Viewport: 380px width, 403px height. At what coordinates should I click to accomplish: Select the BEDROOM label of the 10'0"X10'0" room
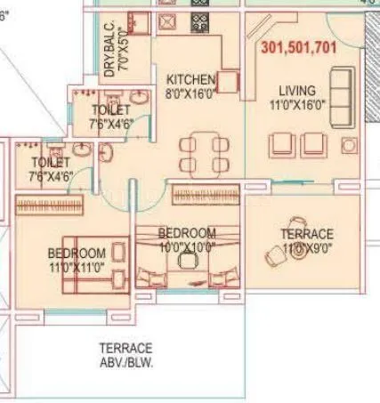click(x=186, y=233)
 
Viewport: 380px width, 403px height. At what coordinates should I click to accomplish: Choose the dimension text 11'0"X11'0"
click(x=77, y=266)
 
